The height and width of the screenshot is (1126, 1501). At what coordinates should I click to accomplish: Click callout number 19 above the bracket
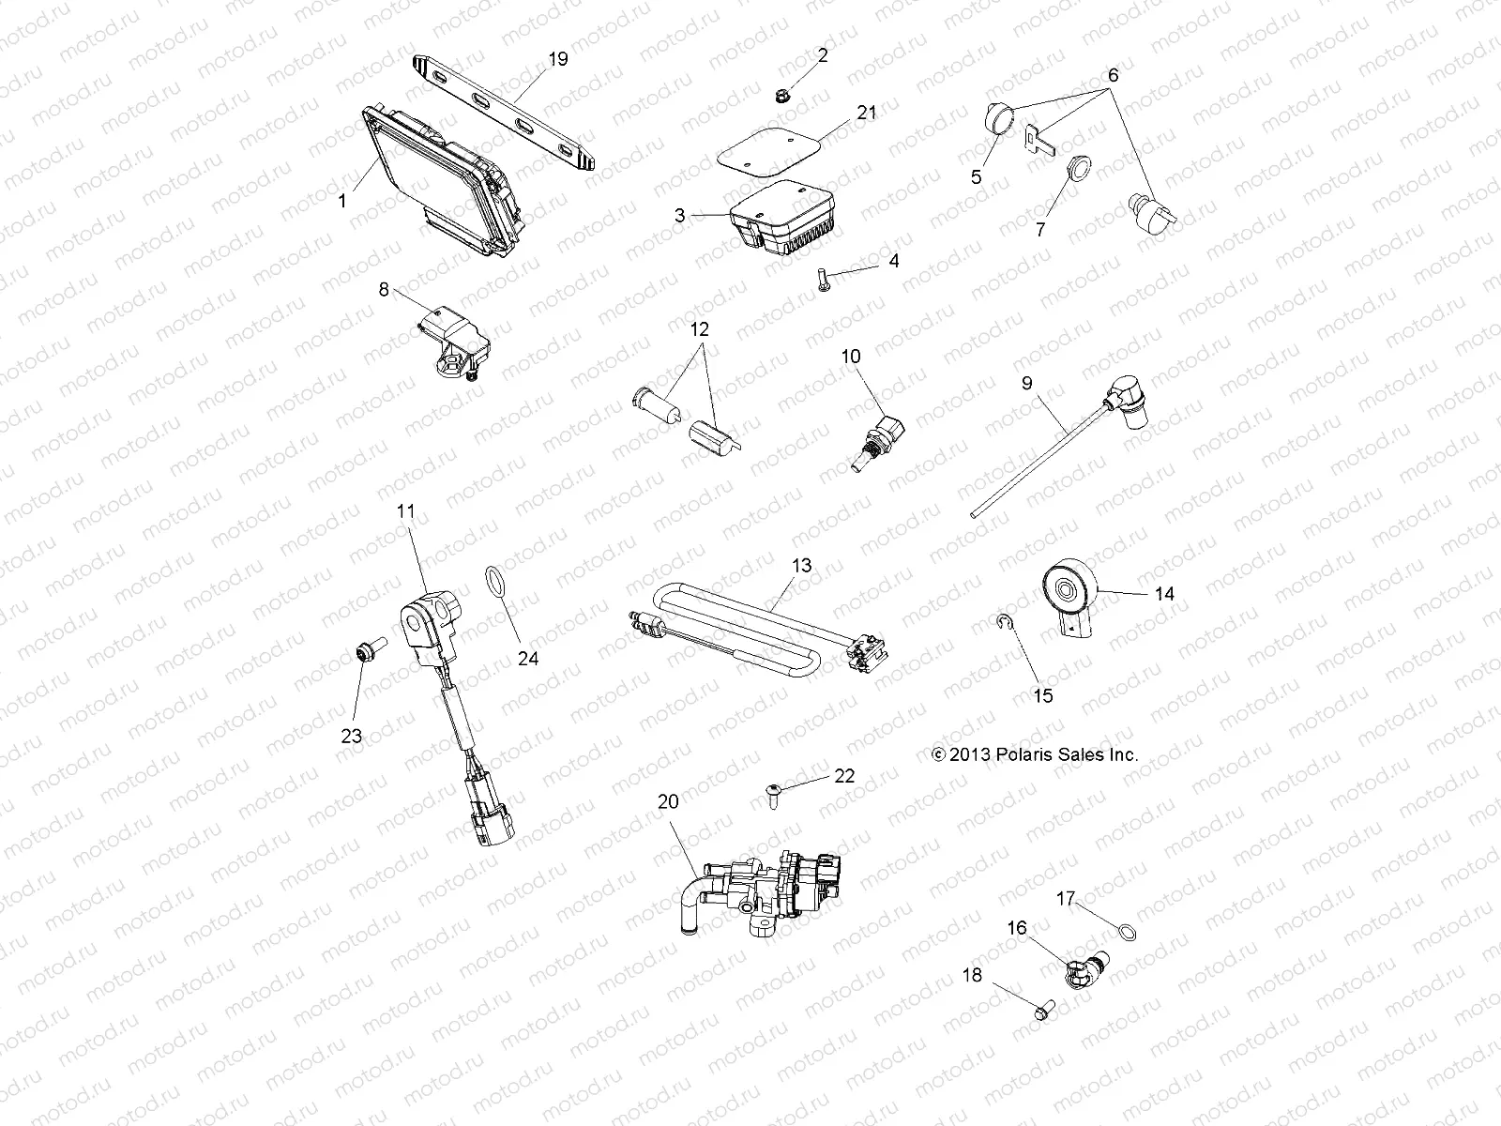(557, 59)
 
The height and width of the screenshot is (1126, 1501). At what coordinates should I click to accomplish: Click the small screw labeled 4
(823, 279)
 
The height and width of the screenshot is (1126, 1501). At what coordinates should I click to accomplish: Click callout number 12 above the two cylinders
(700, 329)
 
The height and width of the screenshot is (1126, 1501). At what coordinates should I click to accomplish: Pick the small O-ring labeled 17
(1129, 931)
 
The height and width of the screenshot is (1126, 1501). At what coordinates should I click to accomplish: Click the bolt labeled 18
(1042, 1011)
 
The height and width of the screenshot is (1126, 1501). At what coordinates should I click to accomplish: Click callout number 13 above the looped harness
(801, 567)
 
